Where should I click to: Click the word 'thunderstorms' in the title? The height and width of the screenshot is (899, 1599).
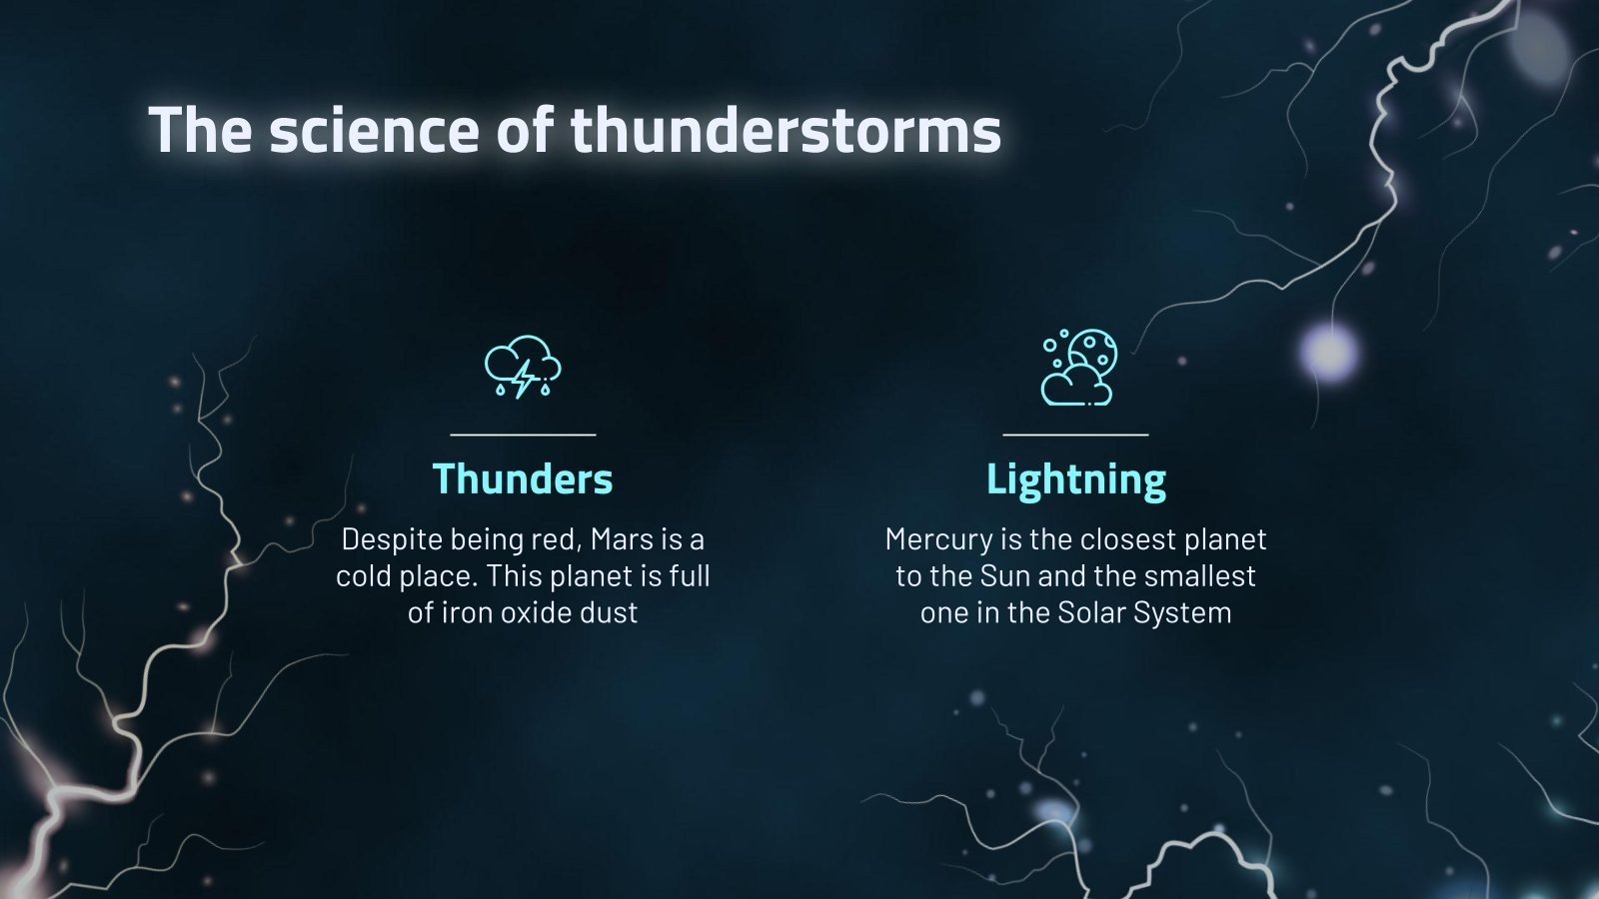tap(786, 131)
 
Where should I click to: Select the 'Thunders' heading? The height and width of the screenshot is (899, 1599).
tap(523, 479)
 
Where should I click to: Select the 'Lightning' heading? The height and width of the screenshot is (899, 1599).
tap(1075, 479)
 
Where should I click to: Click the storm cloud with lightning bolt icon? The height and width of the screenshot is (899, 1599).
tap(523, 368)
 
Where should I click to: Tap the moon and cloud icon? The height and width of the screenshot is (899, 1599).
tap(1078, 368)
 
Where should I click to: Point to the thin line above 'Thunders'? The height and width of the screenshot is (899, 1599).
tap(523, 435)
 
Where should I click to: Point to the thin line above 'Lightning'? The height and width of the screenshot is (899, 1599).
tap(1075, 435)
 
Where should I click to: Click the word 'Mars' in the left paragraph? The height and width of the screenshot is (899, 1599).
tap(621, 539)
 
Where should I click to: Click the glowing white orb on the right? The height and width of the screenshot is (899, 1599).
tap(1329, 352)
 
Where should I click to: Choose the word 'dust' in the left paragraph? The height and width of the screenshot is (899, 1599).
tap(608, 612)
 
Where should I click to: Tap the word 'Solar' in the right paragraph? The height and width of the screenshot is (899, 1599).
tap(1090, 612)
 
